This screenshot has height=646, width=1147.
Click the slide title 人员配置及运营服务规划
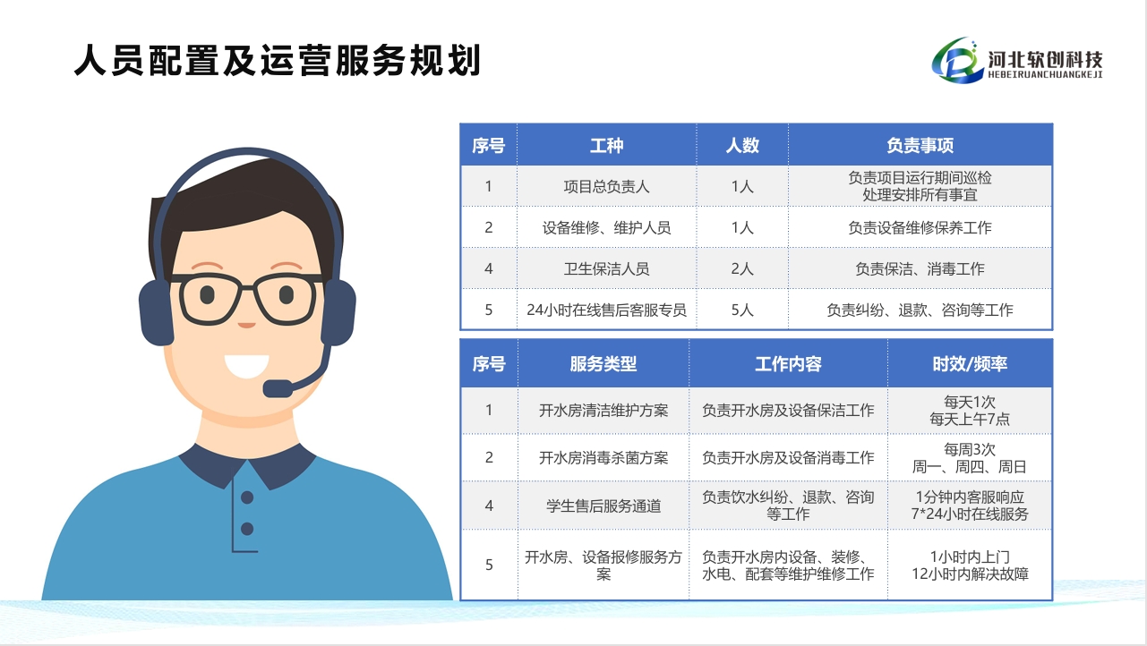point(277,60)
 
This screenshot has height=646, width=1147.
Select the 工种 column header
point(607,145)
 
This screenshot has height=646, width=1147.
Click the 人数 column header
point(742,145)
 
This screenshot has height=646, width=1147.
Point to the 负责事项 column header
point(920,145)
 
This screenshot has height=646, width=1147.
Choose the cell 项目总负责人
point(607,186)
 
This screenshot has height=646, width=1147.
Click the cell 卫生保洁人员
point(607,268)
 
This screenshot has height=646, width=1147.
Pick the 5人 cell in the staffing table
point(742,310)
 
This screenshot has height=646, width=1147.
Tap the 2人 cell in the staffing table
point(742,268)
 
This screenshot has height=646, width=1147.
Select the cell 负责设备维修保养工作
point(920,227)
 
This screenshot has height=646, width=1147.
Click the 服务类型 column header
point(603,363)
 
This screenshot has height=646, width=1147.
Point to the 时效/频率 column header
point(970,363)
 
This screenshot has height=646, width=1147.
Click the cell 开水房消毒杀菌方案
point(603,457)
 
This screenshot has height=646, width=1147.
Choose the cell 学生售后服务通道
point(603,506)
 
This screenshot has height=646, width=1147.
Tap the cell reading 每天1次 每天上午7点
point(970,410)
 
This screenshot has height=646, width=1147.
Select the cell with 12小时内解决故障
point(970,565)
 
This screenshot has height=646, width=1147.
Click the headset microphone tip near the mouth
point(278,388)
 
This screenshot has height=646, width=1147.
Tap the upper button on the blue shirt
point(247,497)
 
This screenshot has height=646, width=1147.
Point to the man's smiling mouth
point(247,366)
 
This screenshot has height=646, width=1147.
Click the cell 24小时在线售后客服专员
point(607,310)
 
